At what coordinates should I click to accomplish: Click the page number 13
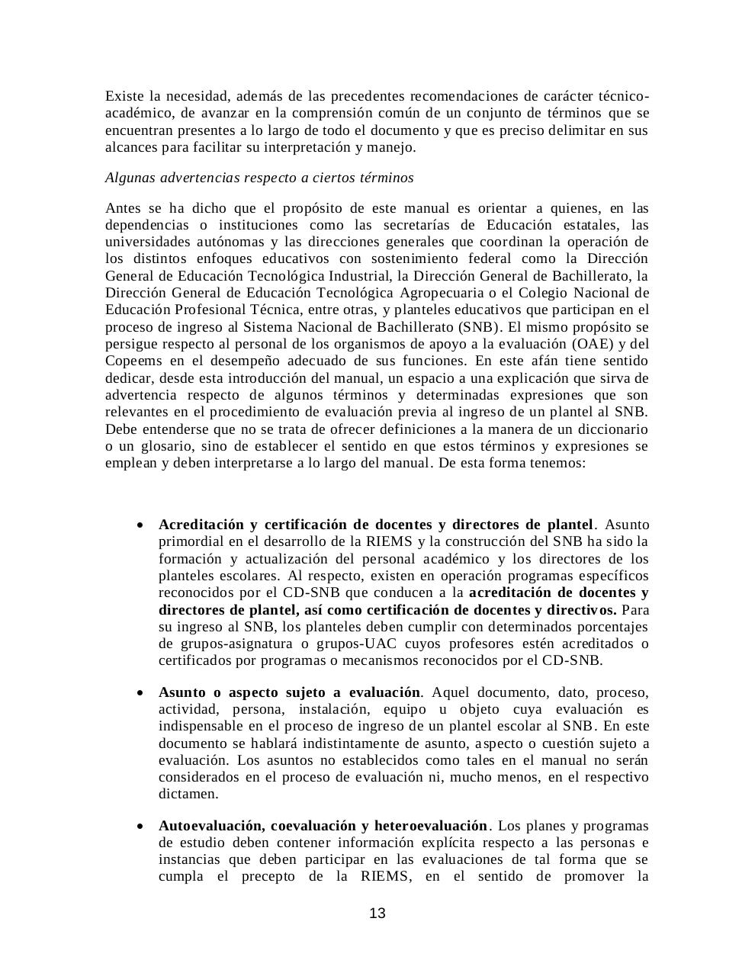point(377,913)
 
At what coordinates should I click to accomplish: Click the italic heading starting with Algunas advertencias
point(259,178)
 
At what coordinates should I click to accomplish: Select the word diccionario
point(609,429)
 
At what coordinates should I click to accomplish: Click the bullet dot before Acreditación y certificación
point(139,525)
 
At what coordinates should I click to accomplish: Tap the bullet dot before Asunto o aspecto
point(139,693)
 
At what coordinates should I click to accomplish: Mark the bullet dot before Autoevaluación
point(139,827)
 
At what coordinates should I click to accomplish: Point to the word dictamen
point(188,794)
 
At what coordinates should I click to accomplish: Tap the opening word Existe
point(124,96)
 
